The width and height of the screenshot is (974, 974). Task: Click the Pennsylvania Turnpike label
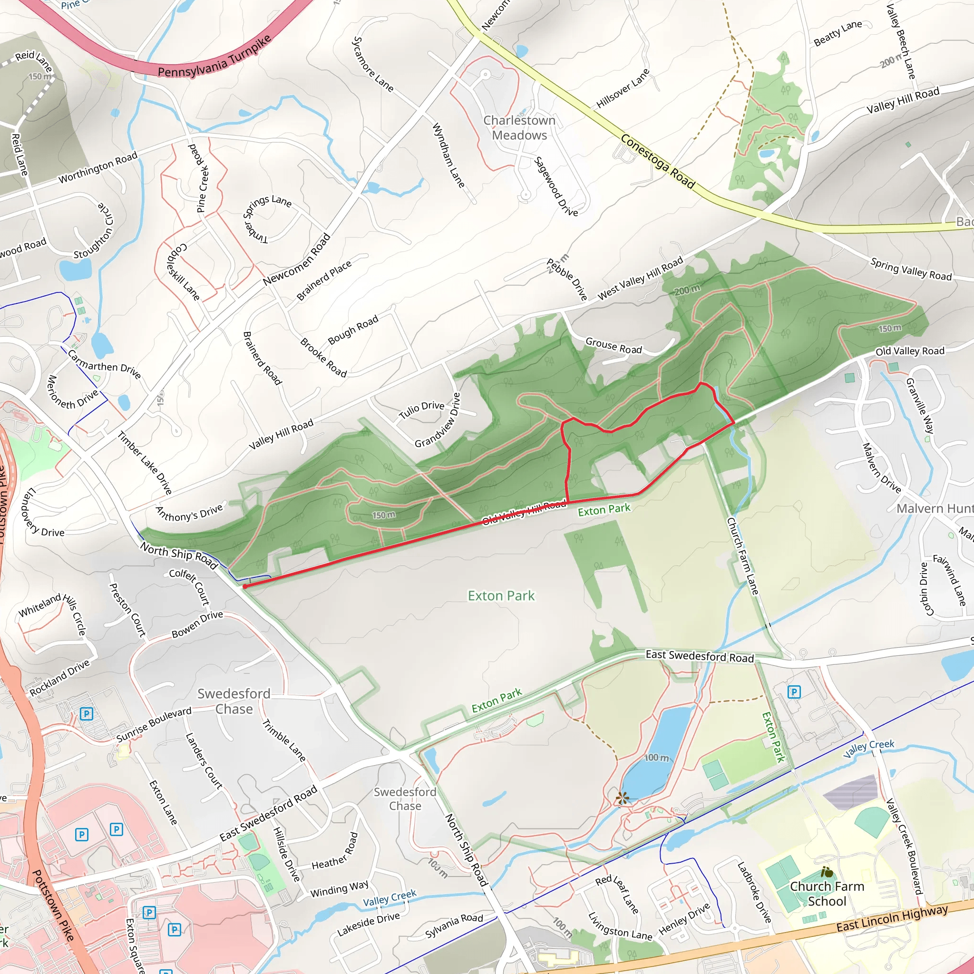[215, 57]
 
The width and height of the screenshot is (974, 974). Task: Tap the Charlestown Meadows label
[519, 128]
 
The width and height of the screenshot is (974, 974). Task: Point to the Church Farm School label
[827, 894]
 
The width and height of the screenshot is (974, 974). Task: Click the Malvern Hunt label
[934, 508]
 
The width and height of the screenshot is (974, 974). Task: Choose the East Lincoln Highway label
[892, 918]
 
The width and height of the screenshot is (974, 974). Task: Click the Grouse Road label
[614, 345]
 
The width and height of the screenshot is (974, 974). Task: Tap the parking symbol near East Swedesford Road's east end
[794, 692]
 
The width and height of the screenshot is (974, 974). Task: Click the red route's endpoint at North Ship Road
[244, 587]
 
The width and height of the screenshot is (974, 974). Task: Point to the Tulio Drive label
[421, 410]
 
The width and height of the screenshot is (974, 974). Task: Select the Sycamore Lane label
[372, 64]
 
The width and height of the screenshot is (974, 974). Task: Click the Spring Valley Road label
[910, 269]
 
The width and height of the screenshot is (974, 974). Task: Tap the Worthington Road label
[98, 167]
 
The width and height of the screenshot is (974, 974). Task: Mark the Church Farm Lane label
[742, 555]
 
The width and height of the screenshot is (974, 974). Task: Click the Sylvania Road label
[454, 925]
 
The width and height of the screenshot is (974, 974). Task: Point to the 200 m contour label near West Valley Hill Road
[687, 290]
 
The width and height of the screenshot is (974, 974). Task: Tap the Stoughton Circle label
[94, 231]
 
